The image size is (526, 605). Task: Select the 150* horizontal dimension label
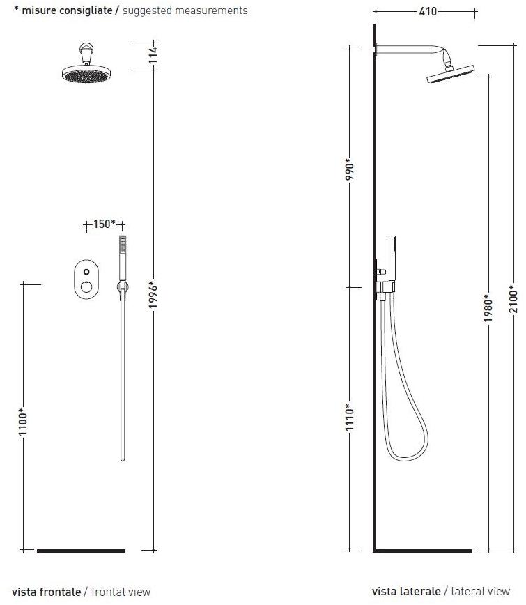(x=104, y=224)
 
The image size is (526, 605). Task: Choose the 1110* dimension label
(x=350, y=418)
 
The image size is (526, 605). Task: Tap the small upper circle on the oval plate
(x=86, y=270)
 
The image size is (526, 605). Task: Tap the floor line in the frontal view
(x=81, y=551)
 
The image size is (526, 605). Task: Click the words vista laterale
(x=405, y=591)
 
